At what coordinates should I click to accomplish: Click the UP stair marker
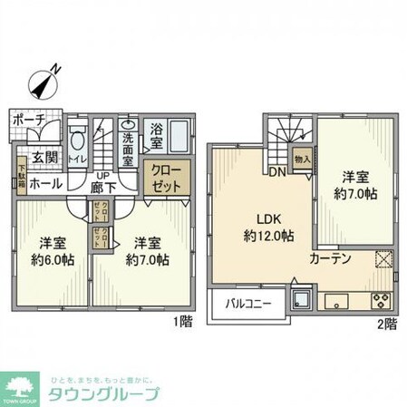click(104, 174)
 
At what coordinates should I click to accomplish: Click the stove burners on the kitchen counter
click(377, 302)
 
